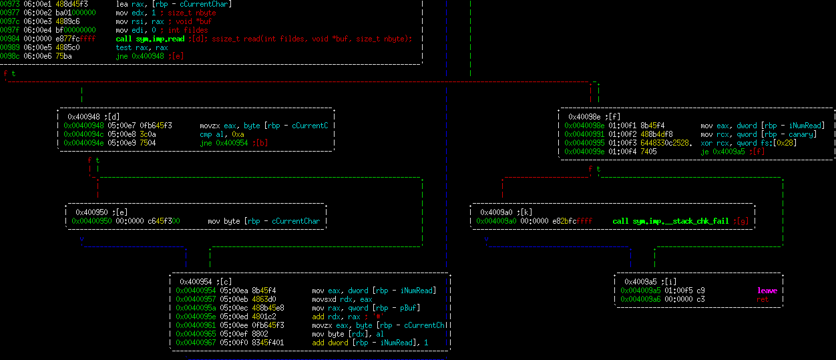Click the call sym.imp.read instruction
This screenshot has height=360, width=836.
pyautogui.click(x=150, y=39)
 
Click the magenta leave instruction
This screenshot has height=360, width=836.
pyautogui.click(x=767, y=291)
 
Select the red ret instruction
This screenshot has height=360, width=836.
pyautogui.click(x=762, y=299)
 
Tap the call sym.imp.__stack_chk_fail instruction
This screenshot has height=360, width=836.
pyautogui.click(x=670, y=221)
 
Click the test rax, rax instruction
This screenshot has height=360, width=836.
pyautogui.click(x=142, y=47)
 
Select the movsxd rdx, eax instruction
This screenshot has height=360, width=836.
pyautogui.click(x=341, y=299)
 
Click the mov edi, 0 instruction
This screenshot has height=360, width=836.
pyautogui.click(x=136, y=30)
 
